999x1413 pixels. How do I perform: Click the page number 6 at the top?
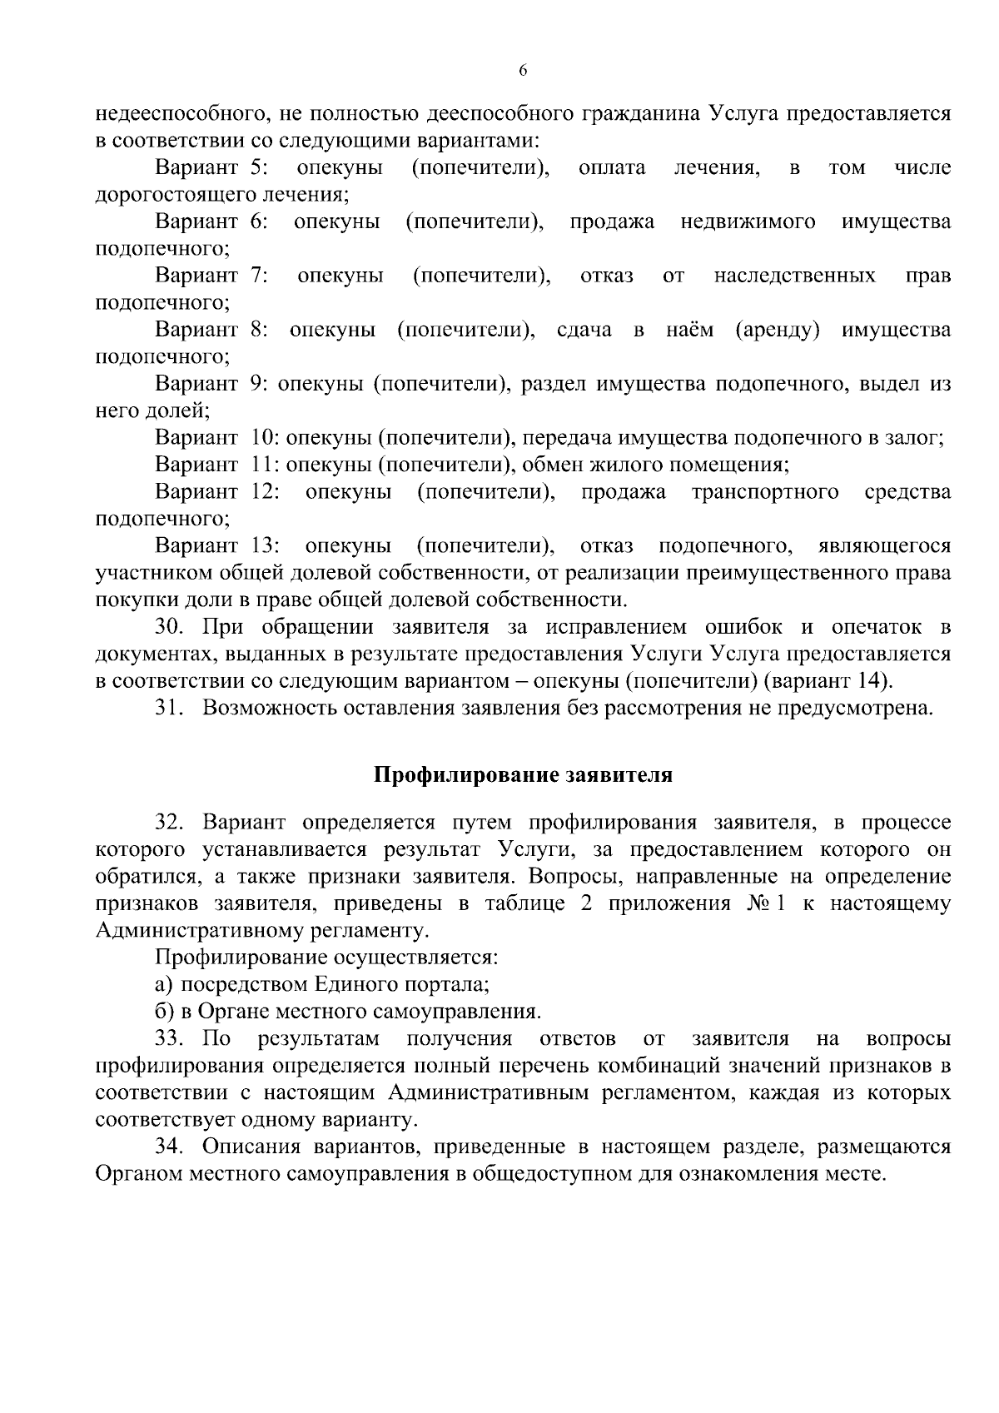tap(523, 71)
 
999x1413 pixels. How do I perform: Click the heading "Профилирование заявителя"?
tap(522, 775)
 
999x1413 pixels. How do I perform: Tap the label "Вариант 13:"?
tap(217, 546)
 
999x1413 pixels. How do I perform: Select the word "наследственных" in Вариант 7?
tap(794, 276)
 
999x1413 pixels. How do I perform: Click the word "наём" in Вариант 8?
tap(689, 330)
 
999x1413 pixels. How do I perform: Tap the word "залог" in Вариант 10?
tap(917, 438)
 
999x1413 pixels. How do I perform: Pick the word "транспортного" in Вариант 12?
tap(765, 492)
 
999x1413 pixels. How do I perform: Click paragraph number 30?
tap(171, 627)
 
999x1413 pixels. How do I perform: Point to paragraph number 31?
tap(171, 709)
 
